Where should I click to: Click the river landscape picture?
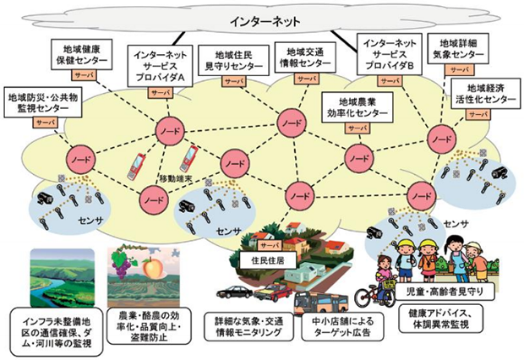(63, 277)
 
